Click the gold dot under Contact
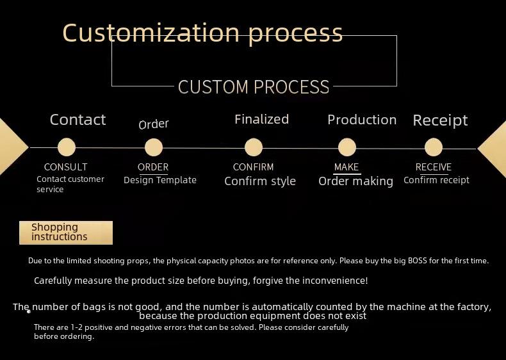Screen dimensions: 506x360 pos(67,147)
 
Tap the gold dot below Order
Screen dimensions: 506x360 pos(154,147)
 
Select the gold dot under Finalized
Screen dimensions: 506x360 pos(254,147)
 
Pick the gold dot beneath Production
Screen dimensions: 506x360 pos(347,147)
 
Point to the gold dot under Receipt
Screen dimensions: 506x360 pos(434,147)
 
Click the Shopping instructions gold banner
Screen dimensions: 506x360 pos(66,233)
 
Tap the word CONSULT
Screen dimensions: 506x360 pos(65,167)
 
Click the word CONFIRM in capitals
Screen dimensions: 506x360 pos(254,167)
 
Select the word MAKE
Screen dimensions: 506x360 pos(347,167)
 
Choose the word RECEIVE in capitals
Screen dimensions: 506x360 pos(434,167)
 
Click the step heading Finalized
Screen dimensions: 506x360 pos(262,119)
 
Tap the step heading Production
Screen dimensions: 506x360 pos(362,120)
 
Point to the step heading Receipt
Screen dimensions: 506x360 pos(440,121)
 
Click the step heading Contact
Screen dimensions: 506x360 pos(78,120)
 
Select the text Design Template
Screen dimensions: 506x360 pos(160,180)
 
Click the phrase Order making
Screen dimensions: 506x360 pos(356,181)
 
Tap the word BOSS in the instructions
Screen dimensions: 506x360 pos(418,261)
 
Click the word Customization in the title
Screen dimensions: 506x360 pos(151,33)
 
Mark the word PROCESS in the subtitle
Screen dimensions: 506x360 pos(291,87)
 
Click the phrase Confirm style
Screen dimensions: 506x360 pos(260,181)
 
